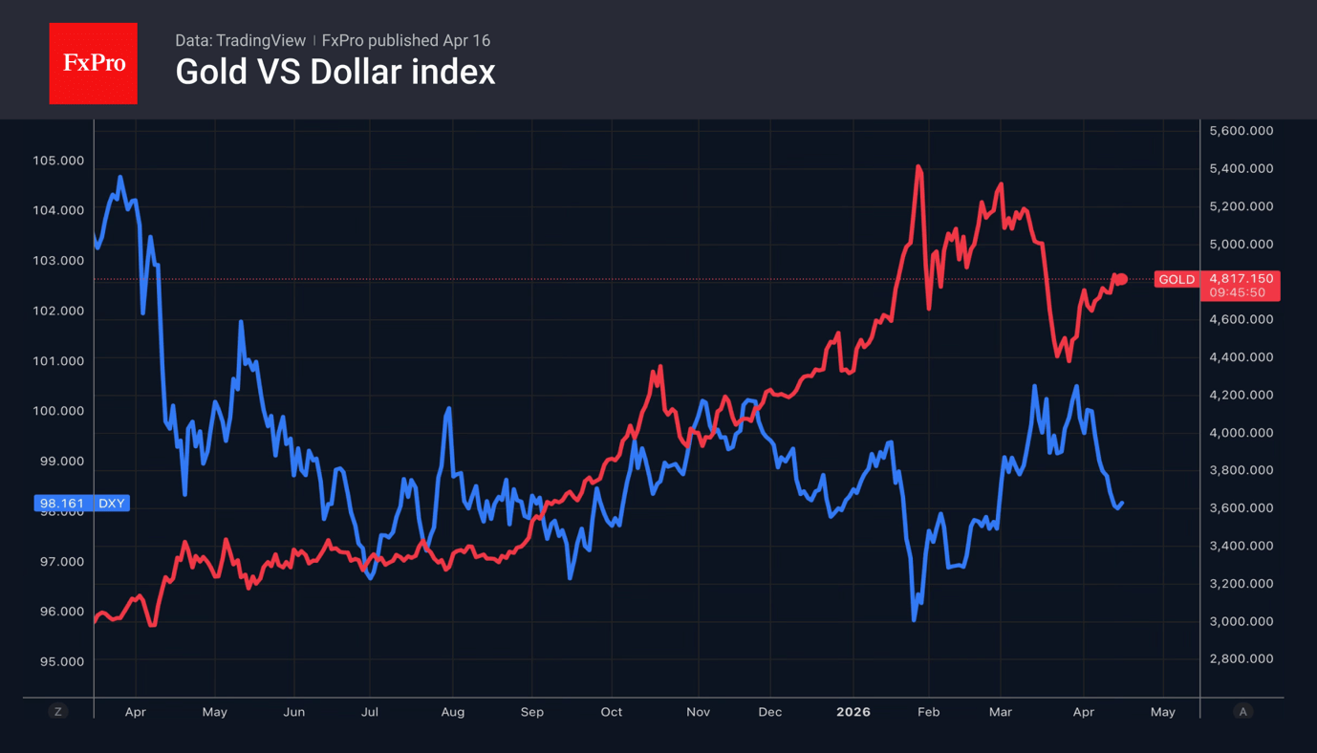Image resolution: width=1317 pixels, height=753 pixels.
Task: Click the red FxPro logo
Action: [93, 63]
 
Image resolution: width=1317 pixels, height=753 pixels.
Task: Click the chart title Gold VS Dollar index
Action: [335, 72]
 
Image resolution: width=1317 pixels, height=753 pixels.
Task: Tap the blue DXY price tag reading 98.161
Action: [81, 503]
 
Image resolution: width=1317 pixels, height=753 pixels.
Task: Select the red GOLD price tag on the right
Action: [1216, 285]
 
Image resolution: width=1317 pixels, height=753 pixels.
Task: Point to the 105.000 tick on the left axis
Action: [58, 161]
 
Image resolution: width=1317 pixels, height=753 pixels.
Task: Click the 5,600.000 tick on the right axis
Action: [1241, 130]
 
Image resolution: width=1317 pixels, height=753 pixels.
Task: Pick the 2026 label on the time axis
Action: [853, 712]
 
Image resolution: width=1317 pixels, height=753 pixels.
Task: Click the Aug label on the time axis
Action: [452, 712]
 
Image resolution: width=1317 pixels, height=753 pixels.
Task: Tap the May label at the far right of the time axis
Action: [1162, 712]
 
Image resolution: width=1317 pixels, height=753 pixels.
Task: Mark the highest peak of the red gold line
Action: [918, 166]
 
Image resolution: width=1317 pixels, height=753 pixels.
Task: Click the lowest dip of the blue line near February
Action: [914, 620]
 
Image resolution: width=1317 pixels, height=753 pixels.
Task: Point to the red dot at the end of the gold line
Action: [1123, 279]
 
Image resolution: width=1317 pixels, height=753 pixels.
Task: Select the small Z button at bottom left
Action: [58, 712]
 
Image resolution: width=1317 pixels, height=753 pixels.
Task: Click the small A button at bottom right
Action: [1242, 712]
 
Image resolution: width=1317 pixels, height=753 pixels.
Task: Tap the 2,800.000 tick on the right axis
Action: [1241, 658]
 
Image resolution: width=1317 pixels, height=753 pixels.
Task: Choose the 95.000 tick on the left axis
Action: [58, 661]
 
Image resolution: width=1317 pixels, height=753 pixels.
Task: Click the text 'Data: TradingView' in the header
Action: [240, 40]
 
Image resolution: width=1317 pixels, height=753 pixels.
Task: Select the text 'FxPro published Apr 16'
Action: [406, 40]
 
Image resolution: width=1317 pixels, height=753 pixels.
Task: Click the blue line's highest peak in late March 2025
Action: [119, 177]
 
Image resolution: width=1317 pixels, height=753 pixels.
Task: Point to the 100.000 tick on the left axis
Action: [58, 411]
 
